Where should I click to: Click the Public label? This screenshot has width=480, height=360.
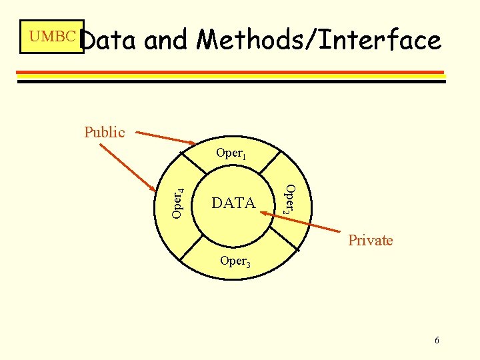point(104,132)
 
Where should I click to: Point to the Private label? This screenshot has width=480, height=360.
point(371,240)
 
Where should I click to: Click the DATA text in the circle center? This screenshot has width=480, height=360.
point(233,203)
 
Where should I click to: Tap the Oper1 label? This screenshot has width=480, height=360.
point(231,153)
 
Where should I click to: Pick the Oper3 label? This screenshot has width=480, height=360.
point(235,261)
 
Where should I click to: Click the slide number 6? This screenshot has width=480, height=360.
point(437,341)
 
